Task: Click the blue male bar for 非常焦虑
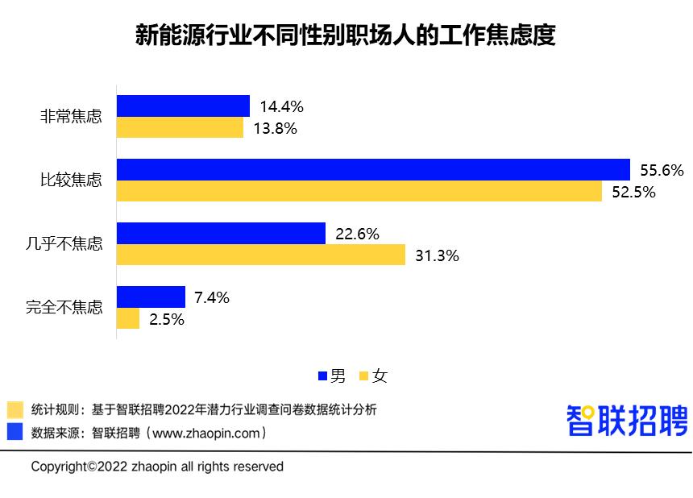coord(183,106)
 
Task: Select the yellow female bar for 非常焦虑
coord(180,127)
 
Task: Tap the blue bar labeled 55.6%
coord(373,169)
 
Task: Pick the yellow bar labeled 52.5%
coord(359,191)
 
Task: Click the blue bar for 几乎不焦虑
coord(221,234)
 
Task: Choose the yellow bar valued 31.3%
coord(261,255)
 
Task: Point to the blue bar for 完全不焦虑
coord(151,297)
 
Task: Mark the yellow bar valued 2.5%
coord(128,319)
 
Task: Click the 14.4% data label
coord(281,106)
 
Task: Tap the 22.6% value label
coord(357,234)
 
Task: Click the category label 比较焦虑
coord(72,180)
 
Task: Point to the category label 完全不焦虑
coord(64,307)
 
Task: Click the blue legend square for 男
coord(323,376)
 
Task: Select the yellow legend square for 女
coord(363,376)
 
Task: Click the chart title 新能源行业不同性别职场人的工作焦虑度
coord(346,36)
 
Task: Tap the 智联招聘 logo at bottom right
coord(628,420)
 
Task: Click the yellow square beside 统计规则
coord(15,409)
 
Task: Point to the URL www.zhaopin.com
coord(205,433)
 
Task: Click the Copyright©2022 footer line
coord(157,467)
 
